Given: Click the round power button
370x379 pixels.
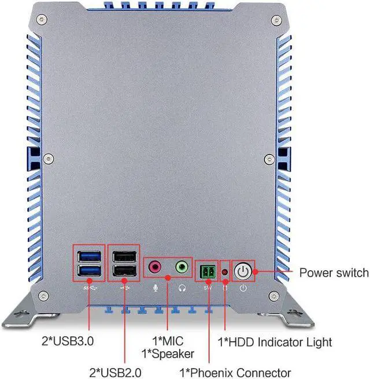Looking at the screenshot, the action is coord(243,271).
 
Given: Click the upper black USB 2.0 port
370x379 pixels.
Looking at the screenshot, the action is coord(124,256).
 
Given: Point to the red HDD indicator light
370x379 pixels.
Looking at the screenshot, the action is coord(225,271).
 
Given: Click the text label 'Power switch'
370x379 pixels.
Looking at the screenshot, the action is coord(334,273).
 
